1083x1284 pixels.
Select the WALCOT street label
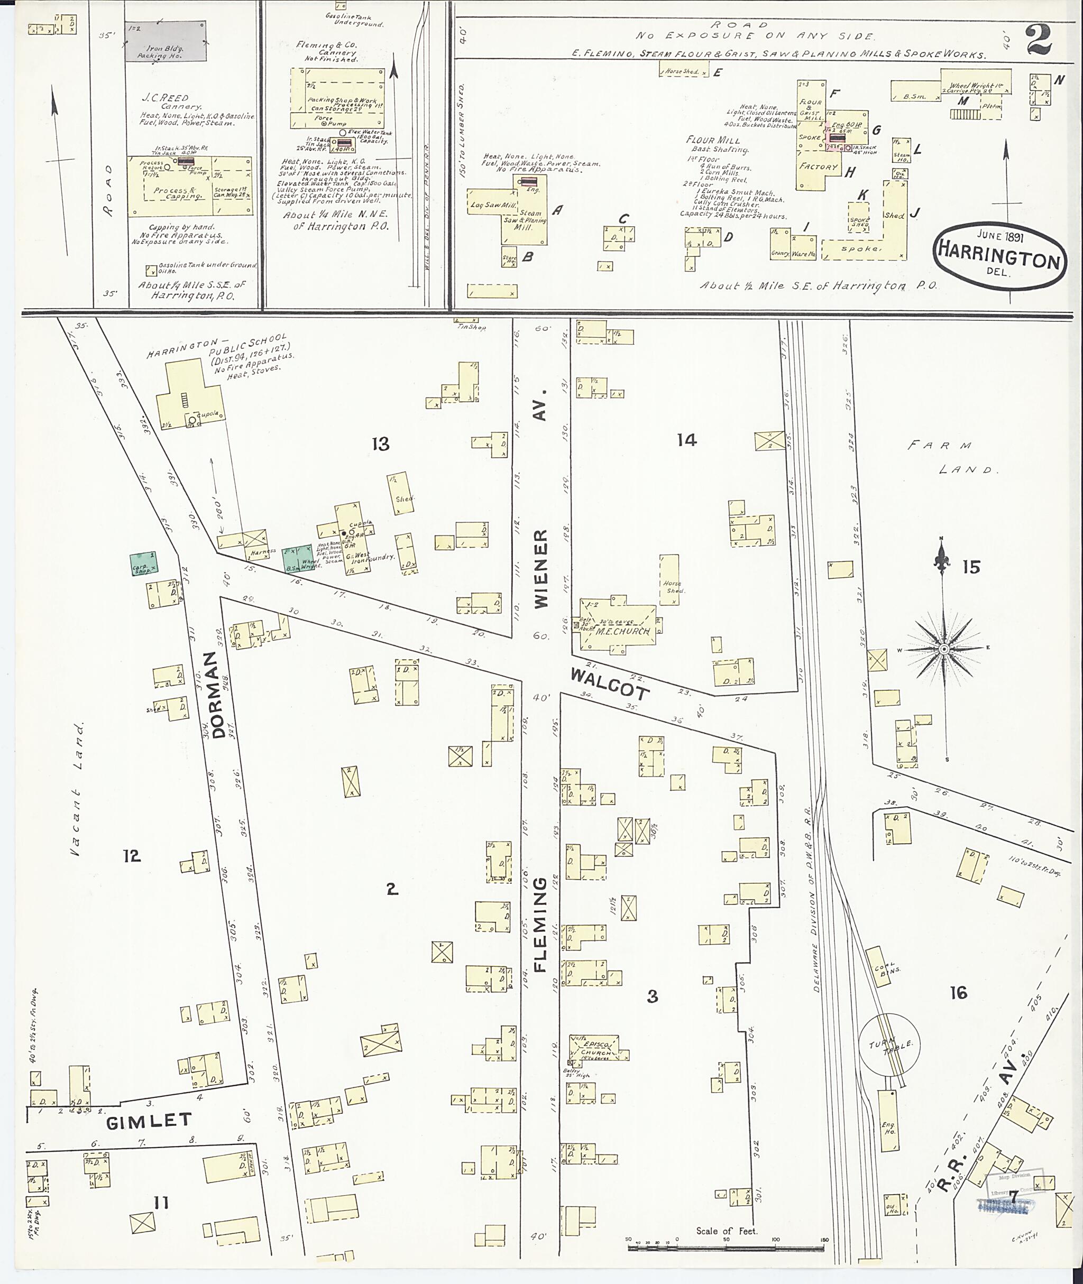click(609, 683)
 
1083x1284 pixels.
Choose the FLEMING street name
click(540, 926)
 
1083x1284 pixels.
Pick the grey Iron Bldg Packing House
click(165, 41)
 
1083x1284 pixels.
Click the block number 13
click(380, 444)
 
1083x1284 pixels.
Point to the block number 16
click(958, 992)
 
